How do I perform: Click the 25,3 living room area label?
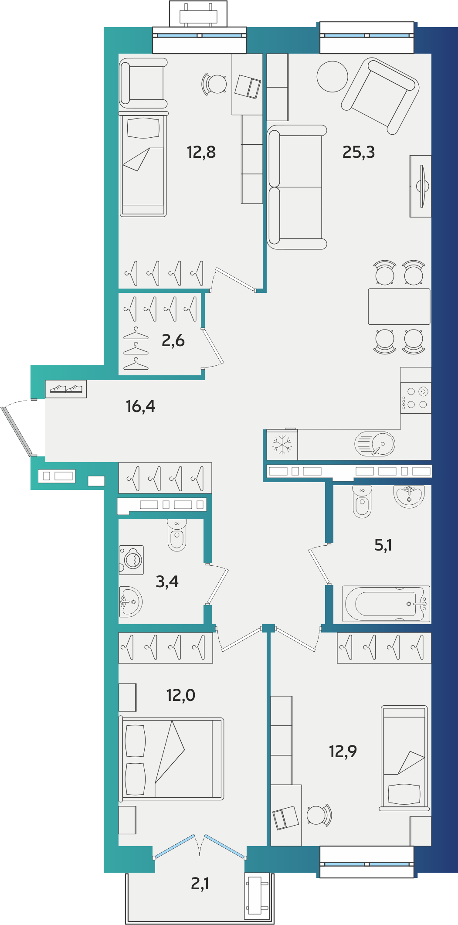[358, 152]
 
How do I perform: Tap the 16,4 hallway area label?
[140, 406]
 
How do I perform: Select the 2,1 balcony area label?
[200, 884]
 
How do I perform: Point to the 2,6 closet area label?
[173, 340]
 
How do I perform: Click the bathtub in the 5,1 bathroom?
[386, 604]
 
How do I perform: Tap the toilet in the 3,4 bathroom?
[177, 535]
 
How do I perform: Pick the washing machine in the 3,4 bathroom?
[131, 560]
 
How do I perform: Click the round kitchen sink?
[375, 444]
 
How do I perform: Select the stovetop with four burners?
[416, 398]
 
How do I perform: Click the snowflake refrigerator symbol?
[282, 445]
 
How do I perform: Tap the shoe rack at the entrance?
[66, 389]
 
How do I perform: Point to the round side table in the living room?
[332, 77]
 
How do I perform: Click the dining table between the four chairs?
[399, 306]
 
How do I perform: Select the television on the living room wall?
[421, 186]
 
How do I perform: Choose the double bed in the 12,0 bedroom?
[171, 759]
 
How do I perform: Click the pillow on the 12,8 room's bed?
[143, 128]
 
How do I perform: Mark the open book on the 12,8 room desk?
[248, 86]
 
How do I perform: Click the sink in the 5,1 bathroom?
[409, 497]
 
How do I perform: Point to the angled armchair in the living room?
[380, 96]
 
